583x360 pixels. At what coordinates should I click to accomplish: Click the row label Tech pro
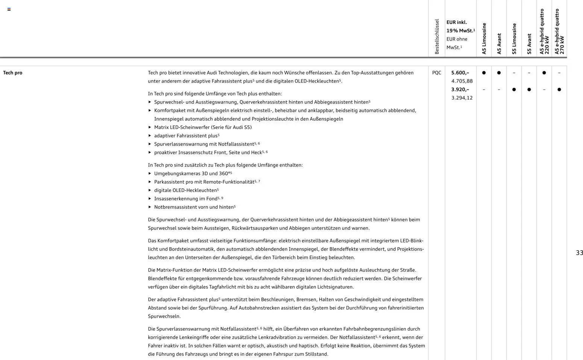pos(13,73)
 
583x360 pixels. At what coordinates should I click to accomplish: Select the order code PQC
pos(436,73)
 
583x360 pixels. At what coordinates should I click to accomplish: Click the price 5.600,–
pos(460,73)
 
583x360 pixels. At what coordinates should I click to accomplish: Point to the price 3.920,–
pos(460,90)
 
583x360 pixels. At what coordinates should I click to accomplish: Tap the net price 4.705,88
pos(462,81)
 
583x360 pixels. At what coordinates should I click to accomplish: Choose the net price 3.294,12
pos(462,98)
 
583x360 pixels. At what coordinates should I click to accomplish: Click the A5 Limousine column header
pos(484,38)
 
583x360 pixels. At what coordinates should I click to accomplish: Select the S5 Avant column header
pos(529,44)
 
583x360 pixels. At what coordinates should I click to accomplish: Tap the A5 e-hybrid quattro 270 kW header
pos(559,32)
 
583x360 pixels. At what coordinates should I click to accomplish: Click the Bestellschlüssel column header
pos(437,36)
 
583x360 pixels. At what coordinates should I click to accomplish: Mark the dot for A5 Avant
pos(499,73)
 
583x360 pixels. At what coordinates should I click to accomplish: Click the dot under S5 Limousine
pos(514,90)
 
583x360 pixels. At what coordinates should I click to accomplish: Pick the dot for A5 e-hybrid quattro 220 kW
pos(544,73)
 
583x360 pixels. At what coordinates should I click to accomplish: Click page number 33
pos(579,253)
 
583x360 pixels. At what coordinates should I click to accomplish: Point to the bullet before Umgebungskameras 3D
pos(150,173)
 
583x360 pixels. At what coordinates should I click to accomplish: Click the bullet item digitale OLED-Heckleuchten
pos(185,190)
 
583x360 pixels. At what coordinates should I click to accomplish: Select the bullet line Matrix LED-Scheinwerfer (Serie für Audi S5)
pos(203,127)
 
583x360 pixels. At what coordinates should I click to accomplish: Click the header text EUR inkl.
pos(457,22)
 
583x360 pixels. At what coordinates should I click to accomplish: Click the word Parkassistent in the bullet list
pos(168,182)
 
